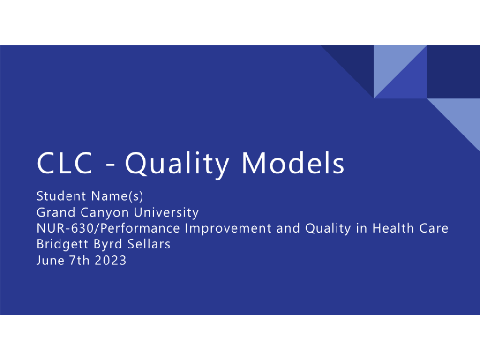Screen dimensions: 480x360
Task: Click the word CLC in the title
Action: point(65,163)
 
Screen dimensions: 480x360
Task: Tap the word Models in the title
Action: point(293,163)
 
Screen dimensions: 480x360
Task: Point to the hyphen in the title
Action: point(110,166)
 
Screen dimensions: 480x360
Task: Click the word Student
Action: point(61,196)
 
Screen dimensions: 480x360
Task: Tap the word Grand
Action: point(56,212)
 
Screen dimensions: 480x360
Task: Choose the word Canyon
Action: point(105,213)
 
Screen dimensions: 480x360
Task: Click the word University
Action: point(166,213)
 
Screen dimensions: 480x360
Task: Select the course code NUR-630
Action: point(65,228)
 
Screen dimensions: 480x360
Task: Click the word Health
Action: point(393,228)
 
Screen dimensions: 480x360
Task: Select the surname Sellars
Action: point(149,244)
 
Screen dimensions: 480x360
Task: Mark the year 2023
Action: point(111,261)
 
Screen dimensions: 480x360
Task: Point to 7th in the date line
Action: point(79,261)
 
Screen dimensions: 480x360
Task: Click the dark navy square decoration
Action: point(453,72)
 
